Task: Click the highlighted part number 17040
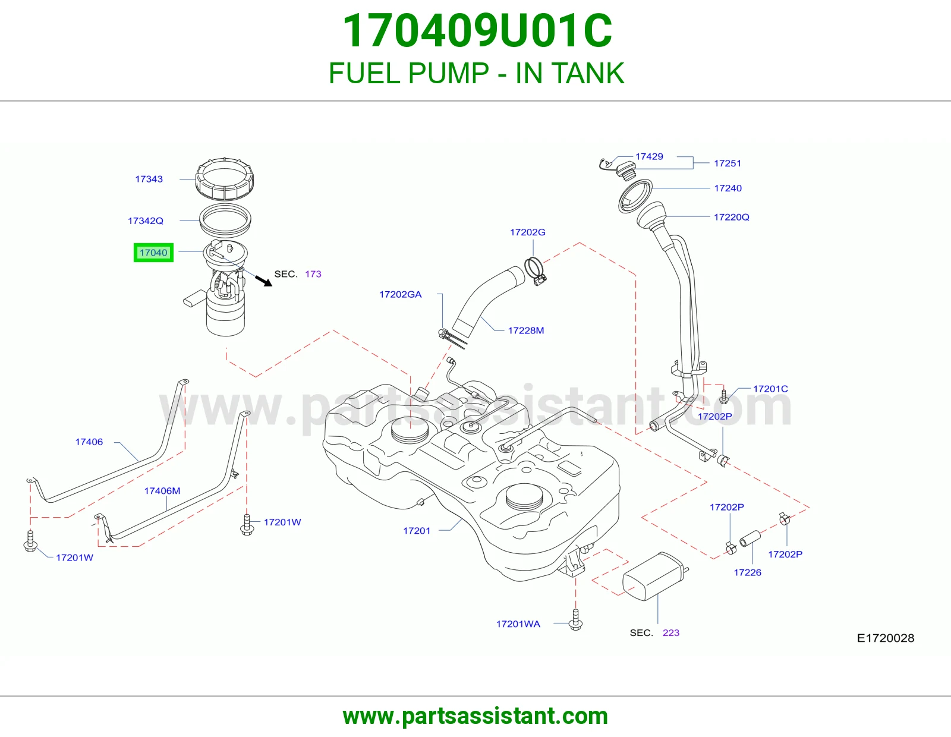(x=153, y=253)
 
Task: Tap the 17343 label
(x=149, y=179)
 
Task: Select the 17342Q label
(x=145, y=221)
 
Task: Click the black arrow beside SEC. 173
(x=263, y=281)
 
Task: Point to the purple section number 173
(x=313, y=274)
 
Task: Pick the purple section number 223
(x=671, y=633)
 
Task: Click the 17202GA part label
(x=401, y=295)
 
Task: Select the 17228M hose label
(x=525, y=330)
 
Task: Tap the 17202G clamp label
(x=527, y=232)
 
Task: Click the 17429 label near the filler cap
(x=649, y=157)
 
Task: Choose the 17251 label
(x=728, y=163)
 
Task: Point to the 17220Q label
(x=731, y=217)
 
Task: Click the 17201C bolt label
(x=770, y=389)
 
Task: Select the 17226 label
(x=748, y=572)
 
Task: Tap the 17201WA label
(x=518, y=624)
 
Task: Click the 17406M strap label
(x=162, y=491)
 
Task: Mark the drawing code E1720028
(x=886, y=638)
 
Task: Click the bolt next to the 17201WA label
(x=575, y=620)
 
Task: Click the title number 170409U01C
(x=477, y=31)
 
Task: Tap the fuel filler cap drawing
(x=626, y=170)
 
